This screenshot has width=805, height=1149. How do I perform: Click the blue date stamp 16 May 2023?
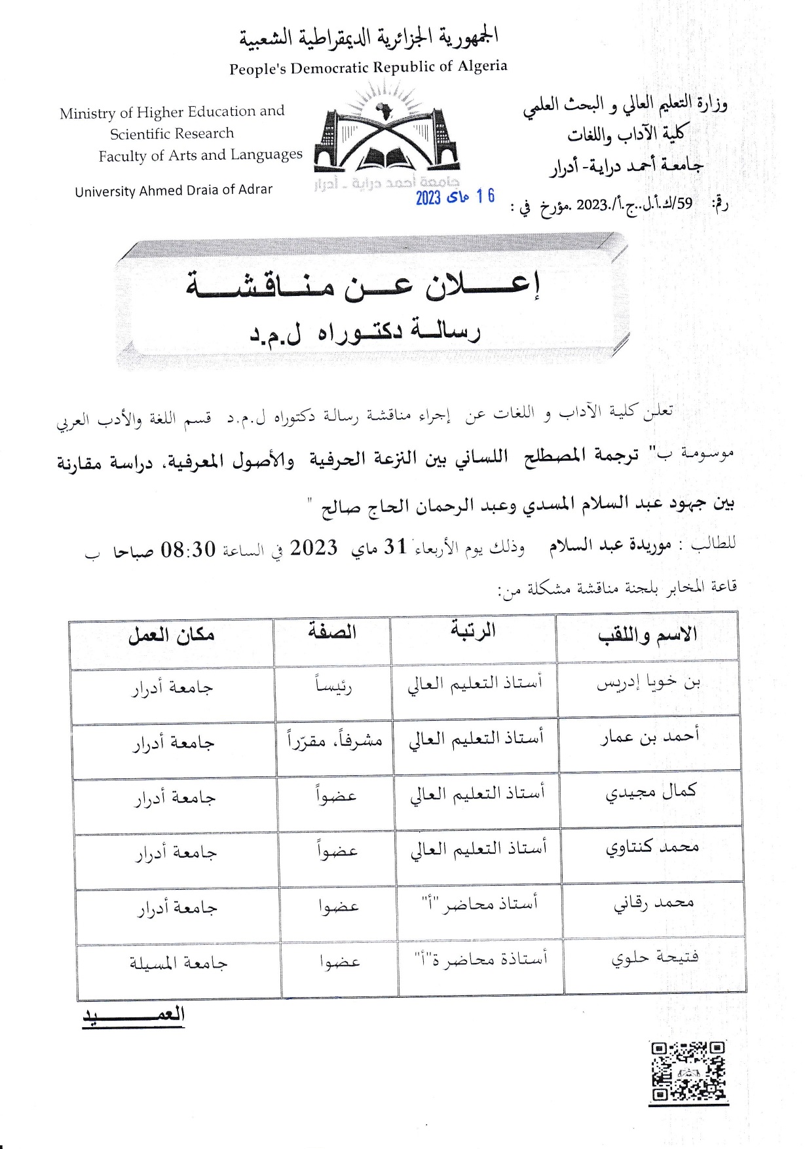(455, 196)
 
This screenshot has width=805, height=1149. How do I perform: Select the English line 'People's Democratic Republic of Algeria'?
(368, 67)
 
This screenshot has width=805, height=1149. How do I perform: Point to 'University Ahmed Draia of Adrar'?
(174, 191)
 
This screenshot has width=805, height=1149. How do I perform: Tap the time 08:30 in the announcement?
(188, 549)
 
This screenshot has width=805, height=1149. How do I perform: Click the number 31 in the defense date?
(396, 547)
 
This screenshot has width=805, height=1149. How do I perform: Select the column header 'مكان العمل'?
(171, 634)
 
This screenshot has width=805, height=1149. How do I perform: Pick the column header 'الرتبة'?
(472, 630)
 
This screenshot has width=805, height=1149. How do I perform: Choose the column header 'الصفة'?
(332, 632)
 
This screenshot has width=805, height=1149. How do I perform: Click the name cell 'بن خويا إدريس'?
(648, 683)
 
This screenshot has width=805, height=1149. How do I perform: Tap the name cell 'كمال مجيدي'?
(650, 792)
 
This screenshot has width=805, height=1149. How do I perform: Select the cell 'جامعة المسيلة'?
(178, 963)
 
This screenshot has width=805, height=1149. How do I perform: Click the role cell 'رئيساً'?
(334, 685)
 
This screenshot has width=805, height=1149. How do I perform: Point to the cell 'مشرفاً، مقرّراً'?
(335, 740)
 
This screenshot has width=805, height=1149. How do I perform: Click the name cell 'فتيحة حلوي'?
(655, 958)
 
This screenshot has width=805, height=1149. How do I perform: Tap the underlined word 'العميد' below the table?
(134, 1015)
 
